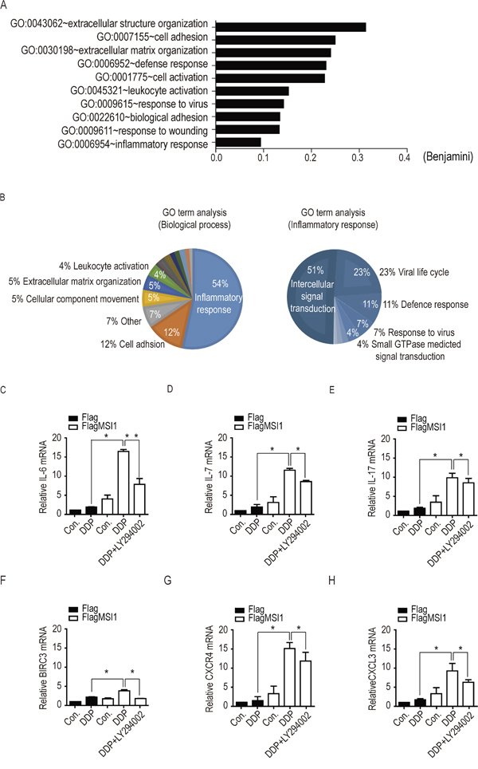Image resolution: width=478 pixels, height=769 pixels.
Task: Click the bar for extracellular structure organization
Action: click(291, 27)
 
